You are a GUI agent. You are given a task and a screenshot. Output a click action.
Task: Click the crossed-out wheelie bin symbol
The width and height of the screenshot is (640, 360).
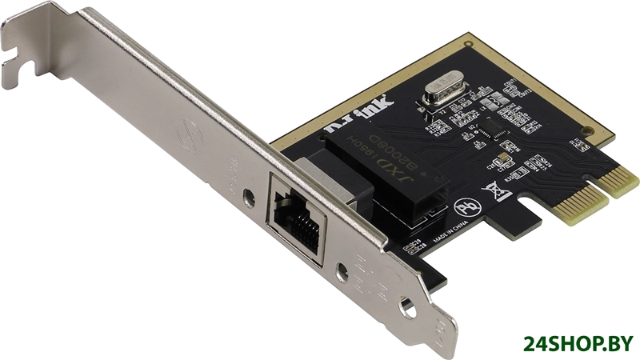coord(495,191)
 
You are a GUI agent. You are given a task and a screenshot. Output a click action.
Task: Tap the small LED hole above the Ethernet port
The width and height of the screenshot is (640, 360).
coord(250,194)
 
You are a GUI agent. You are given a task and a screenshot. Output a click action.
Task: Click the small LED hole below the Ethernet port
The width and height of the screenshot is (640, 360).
coord(342,273)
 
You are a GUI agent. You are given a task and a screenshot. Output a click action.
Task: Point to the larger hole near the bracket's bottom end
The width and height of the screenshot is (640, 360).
coord(409,306)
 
